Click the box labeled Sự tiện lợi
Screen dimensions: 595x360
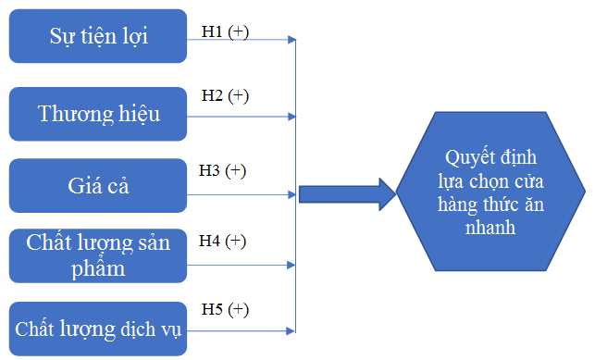tap(98, 36)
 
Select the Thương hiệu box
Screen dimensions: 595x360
tap(98, 114)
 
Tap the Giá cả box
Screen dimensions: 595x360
tap(98, 185)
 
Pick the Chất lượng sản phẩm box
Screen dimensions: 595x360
tap(98, 255)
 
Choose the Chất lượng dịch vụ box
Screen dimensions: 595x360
tap(98, 329)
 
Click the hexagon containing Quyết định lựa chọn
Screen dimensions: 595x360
tap(490, 192)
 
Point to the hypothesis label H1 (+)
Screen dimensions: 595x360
tap(225, 31)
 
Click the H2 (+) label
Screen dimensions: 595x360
tap(225, 95)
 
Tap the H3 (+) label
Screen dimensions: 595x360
tap(222, 170)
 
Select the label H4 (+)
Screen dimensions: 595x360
tap(222, 241)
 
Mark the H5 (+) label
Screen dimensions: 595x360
tap(225, 309)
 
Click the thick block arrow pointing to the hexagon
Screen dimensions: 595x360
tap(347, 194)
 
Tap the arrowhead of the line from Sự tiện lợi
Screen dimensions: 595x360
tap(291, 40)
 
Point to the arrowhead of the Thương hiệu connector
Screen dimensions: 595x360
tap(291, 117)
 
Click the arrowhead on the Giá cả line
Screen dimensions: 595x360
tap(291, 195)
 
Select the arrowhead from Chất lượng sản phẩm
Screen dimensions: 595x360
tap(291, 265)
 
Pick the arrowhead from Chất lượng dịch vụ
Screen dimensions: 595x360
tap(291, 330)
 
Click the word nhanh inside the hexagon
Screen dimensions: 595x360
tap(490, 228)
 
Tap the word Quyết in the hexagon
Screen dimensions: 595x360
tap(466, 158)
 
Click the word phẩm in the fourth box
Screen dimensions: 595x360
tap(98, 268)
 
